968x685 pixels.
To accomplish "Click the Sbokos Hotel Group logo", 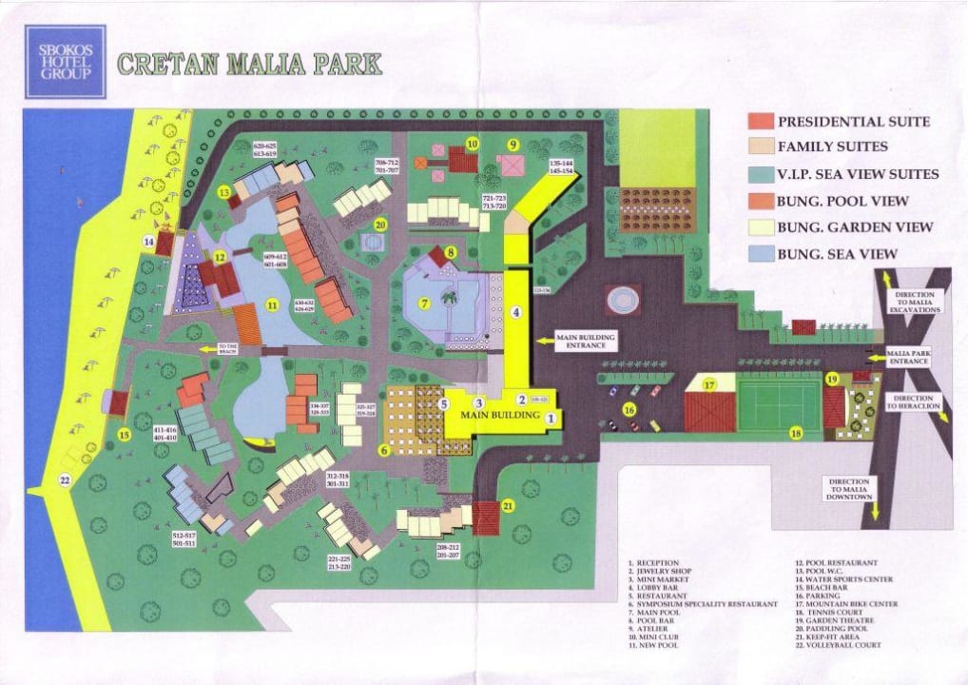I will coord(66,62).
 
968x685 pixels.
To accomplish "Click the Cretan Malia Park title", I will coord(249,64).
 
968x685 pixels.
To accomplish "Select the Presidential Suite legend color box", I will coord(761,122).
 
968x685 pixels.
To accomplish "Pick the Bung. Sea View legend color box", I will coord(761,254).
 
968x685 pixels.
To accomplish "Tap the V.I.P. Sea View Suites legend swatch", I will coord(761,174).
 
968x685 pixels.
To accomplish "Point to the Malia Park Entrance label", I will coord(907,358).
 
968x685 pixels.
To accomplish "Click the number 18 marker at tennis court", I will coord(796,433).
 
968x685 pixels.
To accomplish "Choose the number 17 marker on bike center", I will coord(708,385).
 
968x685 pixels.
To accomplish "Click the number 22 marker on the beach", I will coord(65,480).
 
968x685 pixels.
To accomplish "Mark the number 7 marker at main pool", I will coord(425,303).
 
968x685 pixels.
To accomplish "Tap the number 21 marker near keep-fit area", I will coord(508,506).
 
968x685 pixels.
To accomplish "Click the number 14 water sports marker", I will coord(149,242).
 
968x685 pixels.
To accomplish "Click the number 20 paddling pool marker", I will coord(380,225).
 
